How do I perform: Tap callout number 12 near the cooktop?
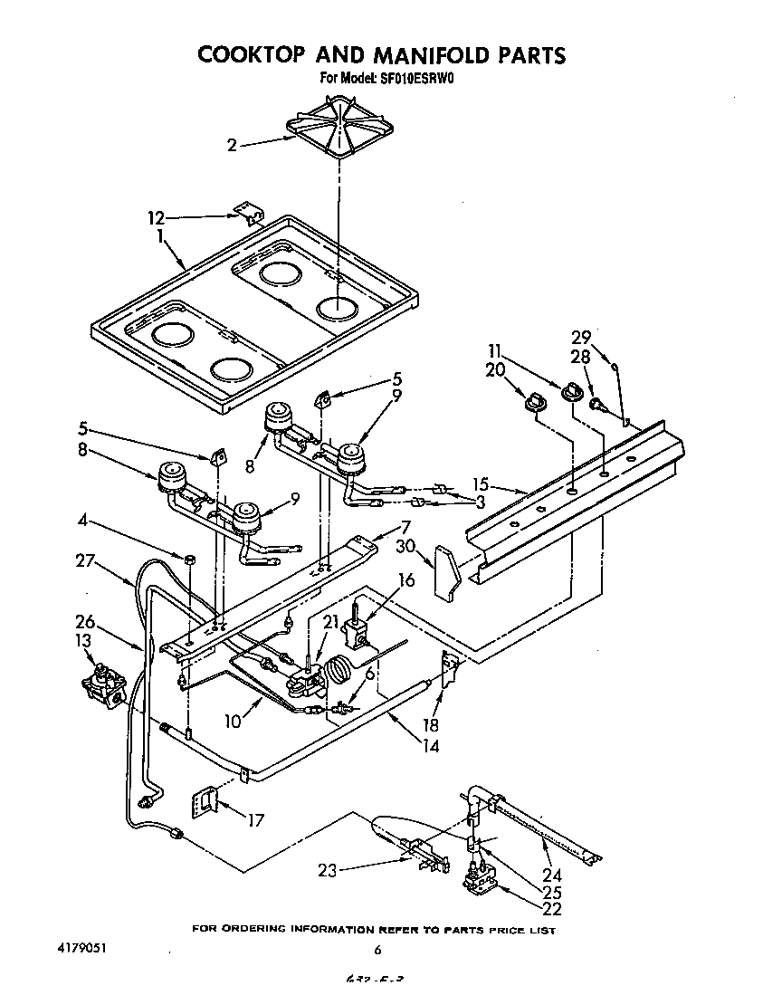(157, 217)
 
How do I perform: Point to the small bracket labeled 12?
(248, 213)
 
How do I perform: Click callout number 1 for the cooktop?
(161, 236)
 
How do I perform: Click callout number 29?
(580, 337)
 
